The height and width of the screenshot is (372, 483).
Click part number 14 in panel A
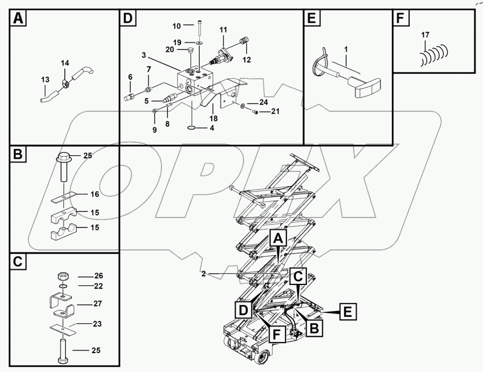tap(65, 63)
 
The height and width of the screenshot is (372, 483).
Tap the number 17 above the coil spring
tap(425, 35)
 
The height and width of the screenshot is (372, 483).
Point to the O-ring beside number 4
tap(192, 128)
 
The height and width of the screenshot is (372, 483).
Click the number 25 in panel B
tap(88, 156)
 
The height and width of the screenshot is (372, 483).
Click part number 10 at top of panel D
tap(176, 26)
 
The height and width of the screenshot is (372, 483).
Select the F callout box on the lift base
tap(277, 334)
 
